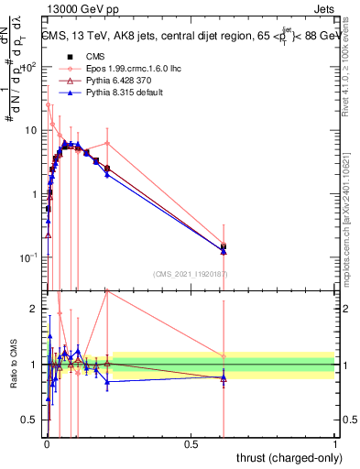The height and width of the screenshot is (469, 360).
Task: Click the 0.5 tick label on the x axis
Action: tap(190, 444)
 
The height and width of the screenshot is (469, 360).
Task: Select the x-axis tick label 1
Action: tap(334, 444)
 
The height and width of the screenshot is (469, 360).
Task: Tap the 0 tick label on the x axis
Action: tap(46, 444)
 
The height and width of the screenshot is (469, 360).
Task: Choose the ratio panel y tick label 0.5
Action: tap(33, 420)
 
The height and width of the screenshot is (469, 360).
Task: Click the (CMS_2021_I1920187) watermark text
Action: tap(190, 274)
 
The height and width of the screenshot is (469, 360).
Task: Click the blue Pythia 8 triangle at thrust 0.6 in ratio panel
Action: tap(224, 378)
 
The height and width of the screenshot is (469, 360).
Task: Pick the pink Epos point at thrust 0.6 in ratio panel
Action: tap(224, 356)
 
